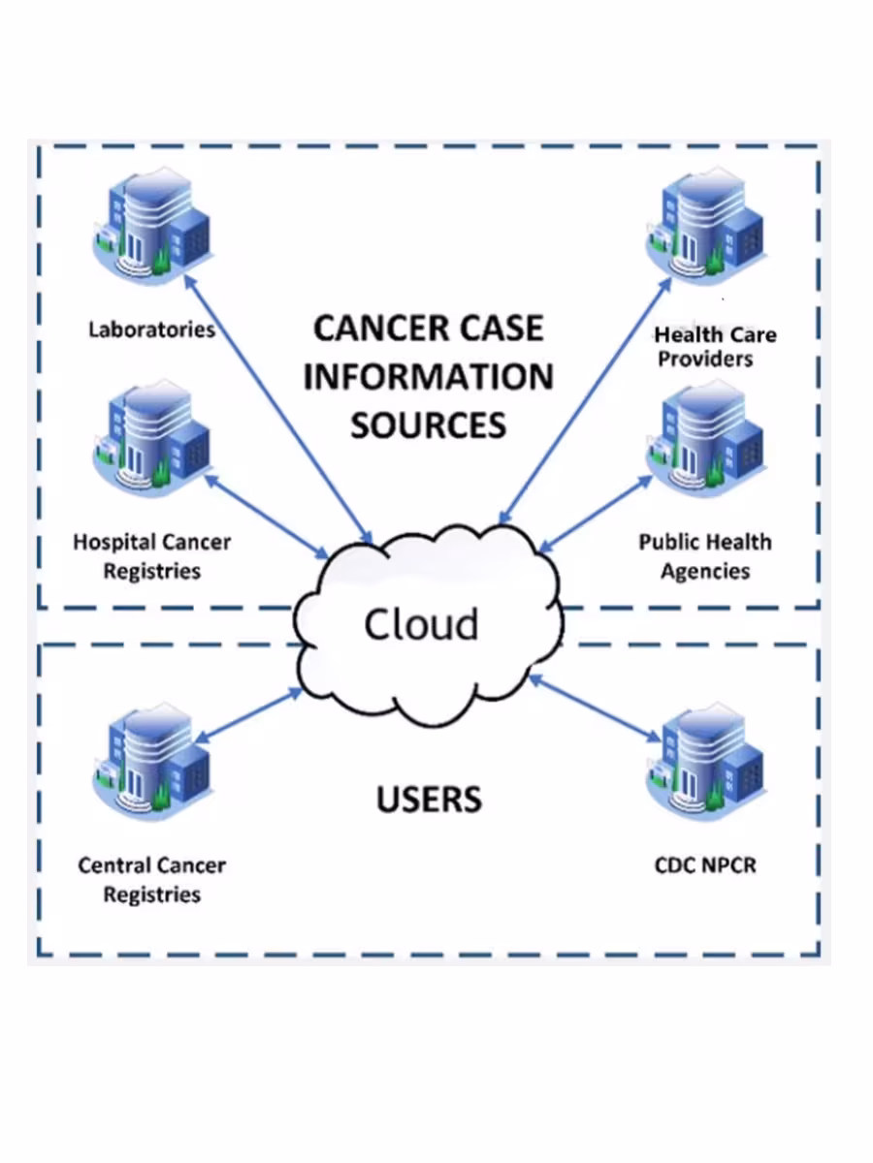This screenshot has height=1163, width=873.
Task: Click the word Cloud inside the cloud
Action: click(421, 624)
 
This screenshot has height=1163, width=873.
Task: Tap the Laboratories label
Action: click(151, 330)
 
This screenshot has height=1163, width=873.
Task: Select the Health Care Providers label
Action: click(715, 347)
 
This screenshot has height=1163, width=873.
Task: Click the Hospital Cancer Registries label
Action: click(152, 556)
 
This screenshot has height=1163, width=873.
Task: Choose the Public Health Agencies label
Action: click(705, 556)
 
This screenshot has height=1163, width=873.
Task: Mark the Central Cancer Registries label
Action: click(152, 879)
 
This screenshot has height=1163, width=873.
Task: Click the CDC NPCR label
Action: click(705, 864)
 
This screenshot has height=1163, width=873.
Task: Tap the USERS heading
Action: click(428, 800)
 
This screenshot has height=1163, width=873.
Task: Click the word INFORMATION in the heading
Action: click(428, 377)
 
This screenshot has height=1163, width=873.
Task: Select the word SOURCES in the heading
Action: click(428, 425)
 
